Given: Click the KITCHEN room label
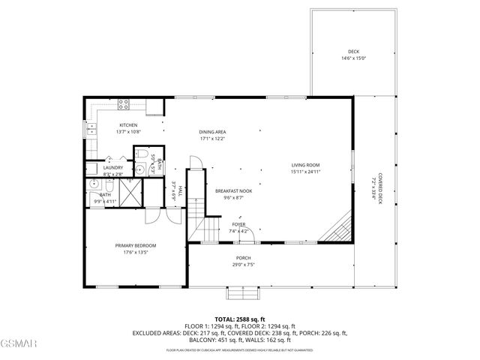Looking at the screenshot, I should click(128, 124).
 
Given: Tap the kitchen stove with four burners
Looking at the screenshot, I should click(124, 106).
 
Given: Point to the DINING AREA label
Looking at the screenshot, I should click(213, 131).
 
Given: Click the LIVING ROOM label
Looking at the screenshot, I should click(305, 165).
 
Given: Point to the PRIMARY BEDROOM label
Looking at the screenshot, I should click(135, 246).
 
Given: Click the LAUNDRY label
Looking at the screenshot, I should click(113, 167).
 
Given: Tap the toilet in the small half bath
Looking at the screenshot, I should click(140, 155).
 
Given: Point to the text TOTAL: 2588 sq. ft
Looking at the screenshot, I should click(240, 319).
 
